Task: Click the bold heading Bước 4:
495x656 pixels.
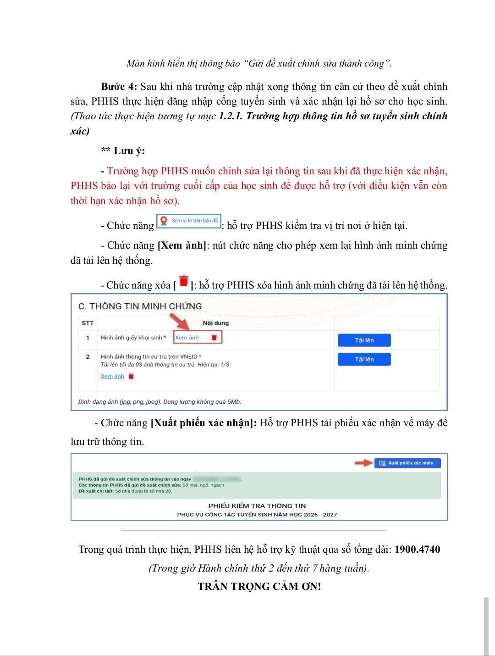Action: point(119,87)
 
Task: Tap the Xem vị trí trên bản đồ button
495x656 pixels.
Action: point(189,221)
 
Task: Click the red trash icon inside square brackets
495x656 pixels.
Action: point(184,281)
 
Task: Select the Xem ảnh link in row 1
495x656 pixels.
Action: point(187,338)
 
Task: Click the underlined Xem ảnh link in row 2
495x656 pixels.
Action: point(112,377)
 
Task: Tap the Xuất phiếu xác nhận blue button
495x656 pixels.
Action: point(407,463)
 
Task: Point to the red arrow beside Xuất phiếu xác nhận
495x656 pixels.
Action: point(364,463)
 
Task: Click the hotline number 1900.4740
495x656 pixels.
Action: point(417,550)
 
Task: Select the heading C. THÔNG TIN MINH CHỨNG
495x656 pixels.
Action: point(140,306)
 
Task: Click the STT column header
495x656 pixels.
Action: point(88,323)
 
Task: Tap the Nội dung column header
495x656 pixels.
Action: point(215,323)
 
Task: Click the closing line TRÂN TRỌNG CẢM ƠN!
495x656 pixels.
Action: point(259,587)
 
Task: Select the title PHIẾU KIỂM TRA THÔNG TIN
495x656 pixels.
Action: point(257,506)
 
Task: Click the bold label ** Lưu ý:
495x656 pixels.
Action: point(123,151)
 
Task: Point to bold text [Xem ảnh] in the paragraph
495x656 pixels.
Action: point(181,245)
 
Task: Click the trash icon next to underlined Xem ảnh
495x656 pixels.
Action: point(132,377)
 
